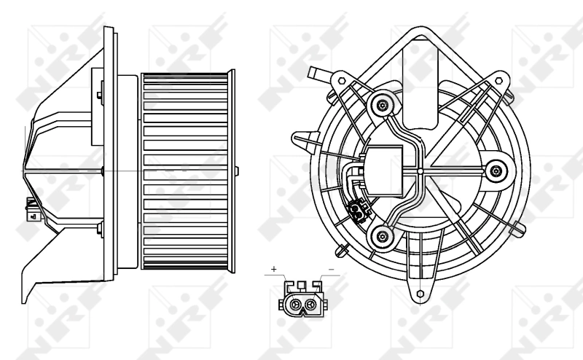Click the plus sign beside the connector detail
coord(274,270)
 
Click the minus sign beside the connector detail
coord(331,270)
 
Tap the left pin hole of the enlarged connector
coord(294,305)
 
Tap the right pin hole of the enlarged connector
coord(311,305)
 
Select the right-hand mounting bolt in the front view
coord(496,171)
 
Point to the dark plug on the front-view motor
coord(357,211)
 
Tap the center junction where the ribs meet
coord(420,171)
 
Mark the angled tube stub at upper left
coord(318,74)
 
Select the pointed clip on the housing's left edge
coord(299,137)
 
